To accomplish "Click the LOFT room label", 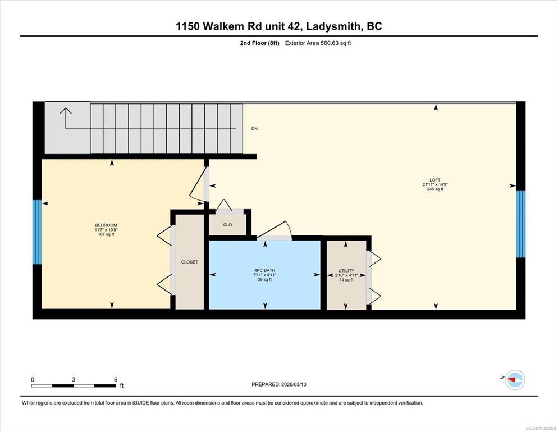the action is (434, 180).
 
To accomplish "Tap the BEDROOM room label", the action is (106, 225).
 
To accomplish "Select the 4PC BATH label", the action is (264, 270).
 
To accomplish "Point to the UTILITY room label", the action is (346, 271).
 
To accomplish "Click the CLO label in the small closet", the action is (227, 225).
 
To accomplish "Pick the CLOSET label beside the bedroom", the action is (189, 262).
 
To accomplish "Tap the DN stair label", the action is (254, 129).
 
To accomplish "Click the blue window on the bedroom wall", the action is (37, 232).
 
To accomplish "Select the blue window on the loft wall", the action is (520, 224).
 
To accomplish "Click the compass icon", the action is (515, 380).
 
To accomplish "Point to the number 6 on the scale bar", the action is (116, 380).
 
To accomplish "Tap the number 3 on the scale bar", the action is (74, 380).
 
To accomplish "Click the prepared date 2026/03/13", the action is (294, 384).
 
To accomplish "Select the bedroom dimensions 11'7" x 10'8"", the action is (106, 230).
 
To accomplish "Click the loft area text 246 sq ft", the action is (435, 189).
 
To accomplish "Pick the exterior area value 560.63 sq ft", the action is (336, 43).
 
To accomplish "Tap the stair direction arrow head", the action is (66, 111).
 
